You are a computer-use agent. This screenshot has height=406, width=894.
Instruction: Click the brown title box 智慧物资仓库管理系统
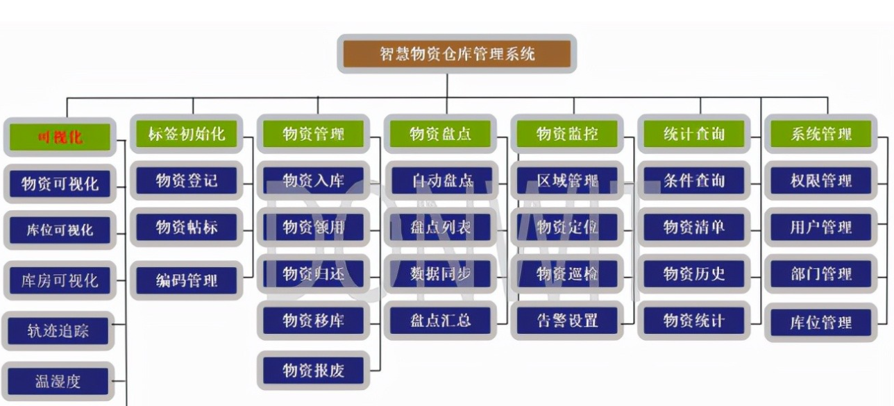point(457,53)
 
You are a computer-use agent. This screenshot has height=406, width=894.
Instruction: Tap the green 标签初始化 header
point(187,134)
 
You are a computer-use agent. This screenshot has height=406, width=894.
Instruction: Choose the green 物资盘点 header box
point(440,134)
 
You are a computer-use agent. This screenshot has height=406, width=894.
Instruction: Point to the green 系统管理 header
point(821,134)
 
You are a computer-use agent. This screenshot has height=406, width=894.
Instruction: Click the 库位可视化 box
point(59,230)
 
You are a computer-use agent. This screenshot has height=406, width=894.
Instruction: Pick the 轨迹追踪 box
point(59,330)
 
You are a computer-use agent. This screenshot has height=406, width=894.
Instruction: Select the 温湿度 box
point(59,381)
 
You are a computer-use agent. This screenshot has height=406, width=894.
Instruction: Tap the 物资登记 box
point(187,180)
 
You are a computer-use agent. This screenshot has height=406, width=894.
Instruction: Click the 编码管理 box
point(187,280)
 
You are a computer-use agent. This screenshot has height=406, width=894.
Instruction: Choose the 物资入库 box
point(313,180)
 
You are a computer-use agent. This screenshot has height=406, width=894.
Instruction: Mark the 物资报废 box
point(313,371)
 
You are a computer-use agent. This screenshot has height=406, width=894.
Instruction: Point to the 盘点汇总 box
point(440,321)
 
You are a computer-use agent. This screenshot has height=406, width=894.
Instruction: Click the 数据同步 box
point(440,273)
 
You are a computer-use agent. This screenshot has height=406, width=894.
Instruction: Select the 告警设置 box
point(567,321)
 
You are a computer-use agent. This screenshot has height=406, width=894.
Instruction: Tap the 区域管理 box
point(567,180)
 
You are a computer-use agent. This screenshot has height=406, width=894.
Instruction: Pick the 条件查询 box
point(694,180)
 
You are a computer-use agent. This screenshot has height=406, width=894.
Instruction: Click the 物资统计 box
point(694,321)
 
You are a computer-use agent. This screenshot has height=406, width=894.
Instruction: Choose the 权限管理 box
point(821,180)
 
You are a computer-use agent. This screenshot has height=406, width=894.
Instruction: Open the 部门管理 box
point(821,273)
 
